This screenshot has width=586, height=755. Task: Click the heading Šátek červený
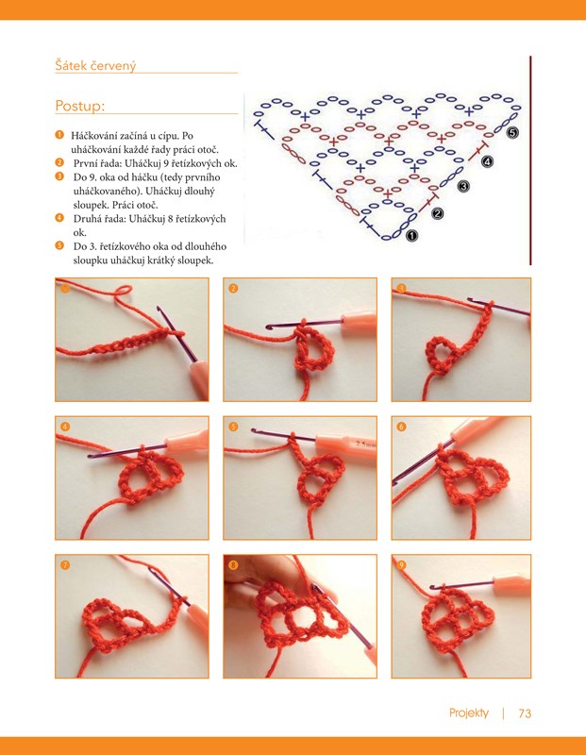pyautogui.click(x=95, y=65)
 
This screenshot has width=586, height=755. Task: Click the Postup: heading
pyautogui.click(x=80, y=106)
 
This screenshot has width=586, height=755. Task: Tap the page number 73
pyautogui.click(x=525, y=713)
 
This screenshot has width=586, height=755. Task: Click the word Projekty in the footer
pyautogui.click(x=469, y=713)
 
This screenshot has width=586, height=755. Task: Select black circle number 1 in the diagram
pyautogui.click(x=412, y=235)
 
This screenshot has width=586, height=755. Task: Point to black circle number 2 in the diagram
pyautogui.click(x=438, y=213)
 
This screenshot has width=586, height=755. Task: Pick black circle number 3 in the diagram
pyautogui.click(x=463, y=186)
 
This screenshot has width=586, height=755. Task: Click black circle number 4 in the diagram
pyautogui.click(x=487, y=161)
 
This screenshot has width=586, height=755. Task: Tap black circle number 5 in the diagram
pyautogui.click(x=512, y=132)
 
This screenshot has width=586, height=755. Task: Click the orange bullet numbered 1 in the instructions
pyautogui.click(x=59, y=135)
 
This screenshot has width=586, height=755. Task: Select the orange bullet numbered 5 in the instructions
pyautogui.click(x=59, y=245)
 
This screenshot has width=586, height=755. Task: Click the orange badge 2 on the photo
pyautogui.click(x=233, y=289)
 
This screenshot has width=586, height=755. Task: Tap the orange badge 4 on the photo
pyautogui.click(x=65, y=427)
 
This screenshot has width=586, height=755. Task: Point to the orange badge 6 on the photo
pyautogui.click(x=401, y=427)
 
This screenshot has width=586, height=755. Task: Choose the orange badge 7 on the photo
pyautogui.click(x=65, y=564)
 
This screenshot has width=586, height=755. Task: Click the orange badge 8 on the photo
pyautogui.click(x=233, y=564)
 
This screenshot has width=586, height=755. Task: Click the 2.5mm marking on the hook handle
pyautogui.click(x=365, y=444)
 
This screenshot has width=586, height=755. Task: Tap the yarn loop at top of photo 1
pyautogui.click(x=124, y=291)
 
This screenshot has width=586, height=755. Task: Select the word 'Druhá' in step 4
pyautogui.click(x=86, y=219)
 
